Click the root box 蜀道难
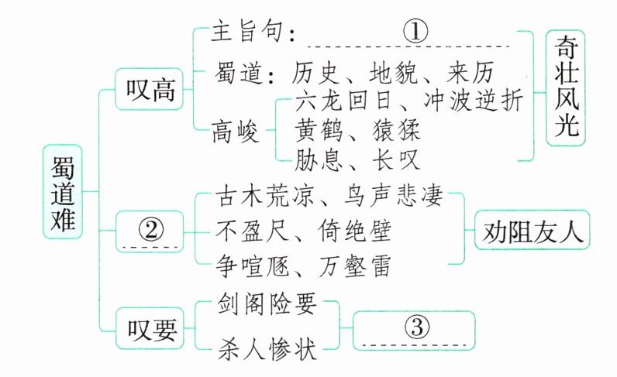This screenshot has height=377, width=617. (x=61, y=190)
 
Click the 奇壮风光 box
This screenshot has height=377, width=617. (x=567, y=88)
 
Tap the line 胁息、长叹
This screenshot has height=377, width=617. (x=356, y=160)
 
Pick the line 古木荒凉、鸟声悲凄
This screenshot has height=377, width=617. (x=329, y=197)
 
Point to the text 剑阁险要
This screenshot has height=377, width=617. (x=264, y=305)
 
